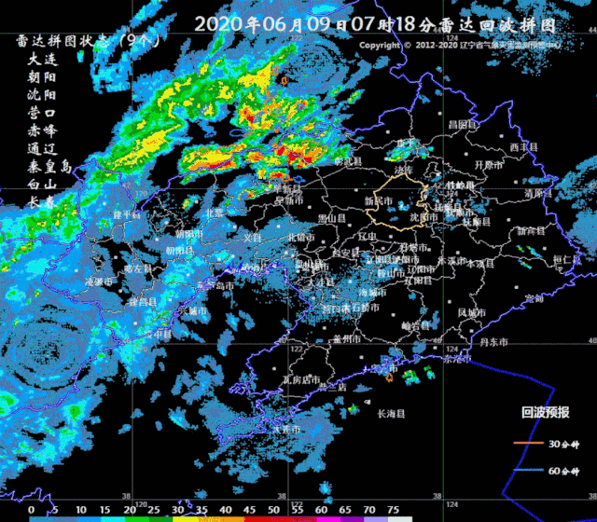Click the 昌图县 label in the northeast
[x=462, y=125]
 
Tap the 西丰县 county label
[x=523, y=147]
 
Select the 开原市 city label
[x=489, y=165]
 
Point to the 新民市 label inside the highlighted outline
[x=379, y=200]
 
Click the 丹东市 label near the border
[x=493, y=343]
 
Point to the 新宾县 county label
[x=531, y=230]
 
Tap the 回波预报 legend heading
[x=545, y=411]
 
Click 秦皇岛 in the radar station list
[x=49, y=167]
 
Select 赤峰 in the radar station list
[x=42, y=130]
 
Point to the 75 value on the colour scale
[x=394, y=510]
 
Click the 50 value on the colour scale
[x=273, y=510]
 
